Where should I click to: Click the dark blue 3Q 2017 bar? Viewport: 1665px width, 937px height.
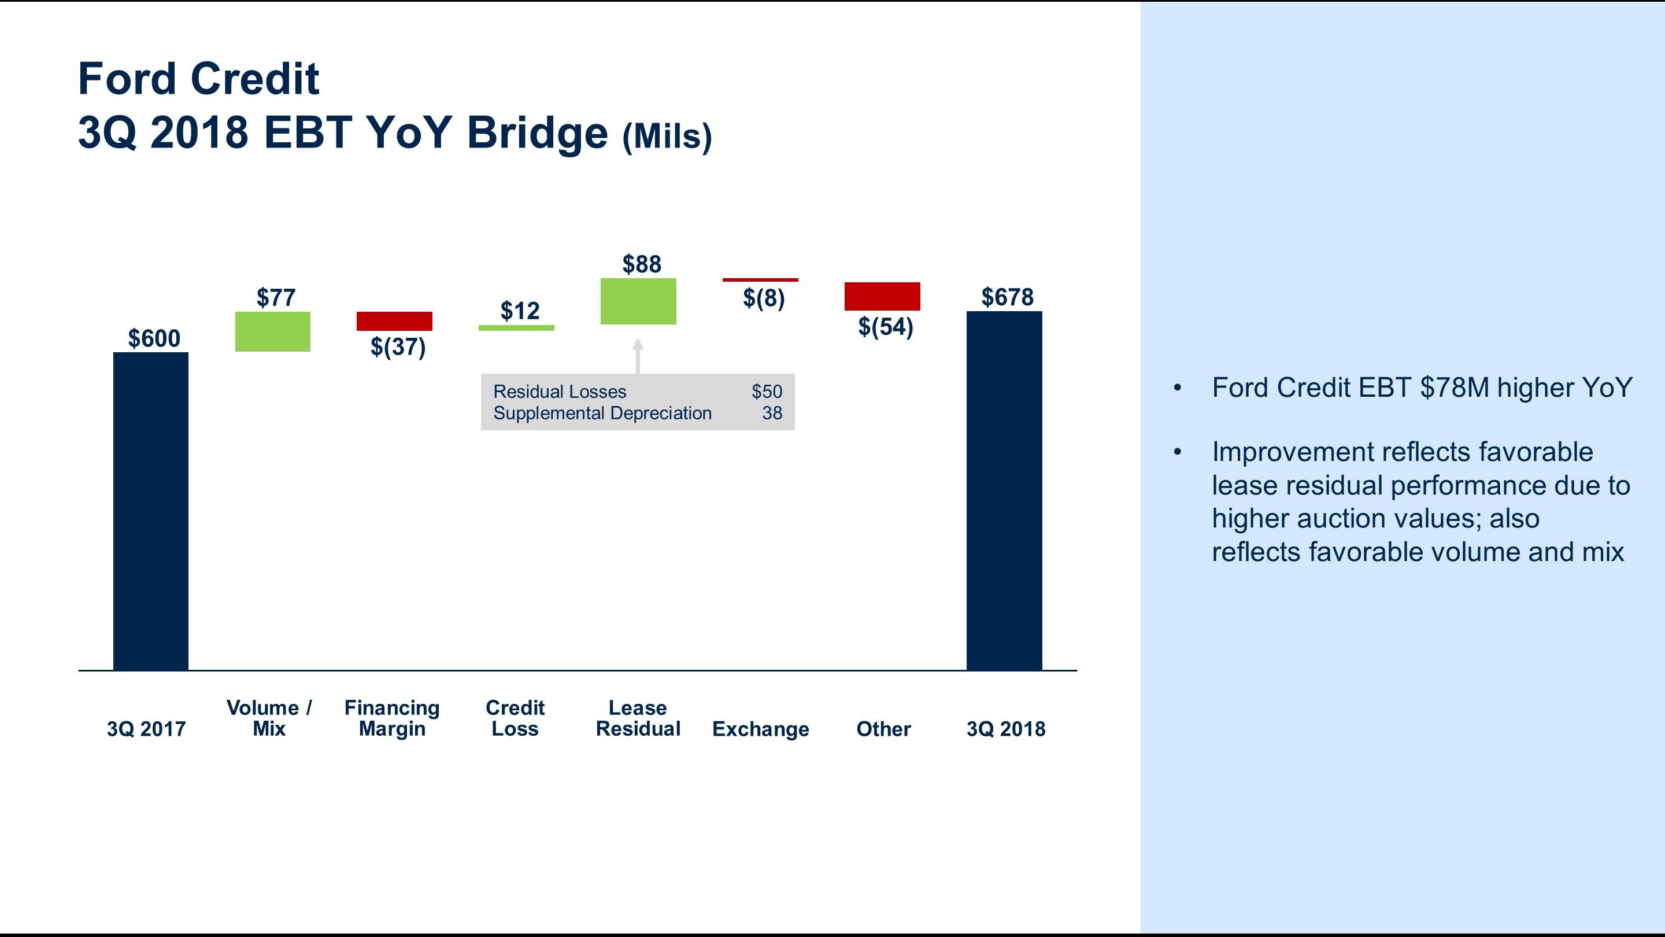[x=150, y=511]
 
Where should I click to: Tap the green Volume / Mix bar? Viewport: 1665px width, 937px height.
[x=272, y=332]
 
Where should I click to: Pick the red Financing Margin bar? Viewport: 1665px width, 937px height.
[x=394, y=322]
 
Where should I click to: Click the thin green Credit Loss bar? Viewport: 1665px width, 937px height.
[x=516, y=328]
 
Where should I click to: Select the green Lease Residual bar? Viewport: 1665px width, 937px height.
[x=638, y=301]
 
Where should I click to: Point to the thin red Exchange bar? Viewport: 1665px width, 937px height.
[x=760, y=280]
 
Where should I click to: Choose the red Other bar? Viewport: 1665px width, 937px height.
[x=882, y=296]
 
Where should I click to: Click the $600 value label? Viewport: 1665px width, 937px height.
[x=154, y=338]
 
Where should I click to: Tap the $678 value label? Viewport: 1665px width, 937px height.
[x=1007, y=297]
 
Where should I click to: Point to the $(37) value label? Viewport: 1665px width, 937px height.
[x=398, y=347]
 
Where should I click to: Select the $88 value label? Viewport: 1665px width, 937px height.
[x=641, y=264]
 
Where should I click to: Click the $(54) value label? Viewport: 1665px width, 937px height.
[x=885, y=327]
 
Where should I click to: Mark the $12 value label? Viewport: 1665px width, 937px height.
[x=519, y=311]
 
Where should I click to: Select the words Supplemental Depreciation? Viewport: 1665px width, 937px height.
[x=602, y=413]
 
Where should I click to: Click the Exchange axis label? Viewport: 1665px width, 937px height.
[x=760, y=729]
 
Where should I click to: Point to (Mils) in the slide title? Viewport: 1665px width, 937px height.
[x=667, y=136]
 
